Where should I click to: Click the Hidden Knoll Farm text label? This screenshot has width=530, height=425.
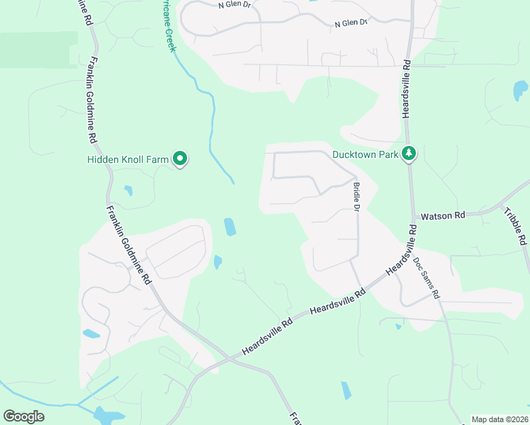click(128, 159)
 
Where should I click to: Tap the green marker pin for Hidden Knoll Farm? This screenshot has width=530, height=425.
click(181, 159)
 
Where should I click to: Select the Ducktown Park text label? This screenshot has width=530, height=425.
click(366, 154)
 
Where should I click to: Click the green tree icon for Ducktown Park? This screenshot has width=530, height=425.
click(408, 154)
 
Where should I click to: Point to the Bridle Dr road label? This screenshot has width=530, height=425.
click(356, 197)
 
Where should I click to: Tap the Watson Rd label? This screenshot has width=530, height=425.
click(443, 215)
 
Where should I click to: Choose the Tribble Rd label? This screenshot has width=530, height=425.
click(516, 226)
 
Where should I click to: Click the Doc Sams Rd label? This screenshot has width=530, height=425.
click(427, 276)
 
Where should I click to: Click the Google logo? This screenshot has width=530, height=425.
click(23, 416)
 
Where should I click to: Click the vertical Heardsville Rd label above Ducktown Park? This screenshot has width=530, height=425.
click(407, 89)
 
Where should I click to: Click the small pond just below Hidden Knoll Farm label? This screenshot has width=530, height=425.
click(128, 191)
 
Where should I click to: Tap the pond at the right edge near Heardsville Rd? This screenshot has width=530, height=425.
click(520, 91)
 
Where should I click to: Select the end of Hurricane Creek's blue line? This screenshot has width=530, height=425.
click(233, 183)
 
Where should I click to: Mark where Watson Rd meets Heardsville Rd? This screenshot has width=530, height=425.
click(412, 216)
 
